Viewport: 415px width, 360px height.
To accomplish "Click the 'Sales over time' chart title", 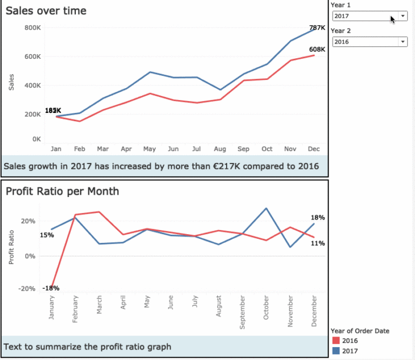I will point(45,11).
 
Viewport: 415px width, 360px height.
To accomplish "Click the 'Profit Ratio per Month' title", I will point(62,191).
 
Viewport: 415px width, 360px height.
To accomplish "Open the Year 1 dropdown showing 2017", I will point(369,16).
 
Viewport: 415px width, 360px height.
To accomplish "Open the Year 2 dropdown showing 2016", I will point(369,42).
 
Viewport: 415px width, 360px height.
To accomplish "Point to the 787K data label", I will point(317,28).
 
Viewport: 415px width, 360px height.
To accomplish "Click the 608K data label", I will point(317,49).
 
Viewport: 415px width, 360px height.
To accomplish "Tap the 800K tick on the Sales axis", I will point(33,28).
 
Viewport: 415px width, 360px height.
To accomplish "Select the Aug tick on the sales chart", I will point(220,149).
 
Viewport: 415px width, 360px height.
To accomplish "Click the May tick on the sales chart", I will point(150,149).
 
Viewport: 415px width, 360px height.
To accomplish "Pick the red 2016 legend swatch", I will point(336,341).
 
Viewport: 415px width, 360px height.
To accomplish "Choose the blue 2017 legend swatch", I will point(336,351).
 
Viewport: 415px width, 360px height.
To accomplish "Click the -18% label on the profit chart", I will point(51,288).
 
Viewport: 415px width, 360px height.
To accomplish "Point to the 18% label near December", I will point(317,218).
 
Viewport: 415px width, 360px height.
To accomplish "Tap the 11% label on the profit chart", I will point(317,243).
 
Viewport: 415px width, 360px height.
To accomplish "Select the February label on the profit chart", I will point(75,309).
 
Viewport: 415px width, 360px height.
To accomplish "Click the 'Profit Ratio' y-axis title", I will point(11,248).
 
